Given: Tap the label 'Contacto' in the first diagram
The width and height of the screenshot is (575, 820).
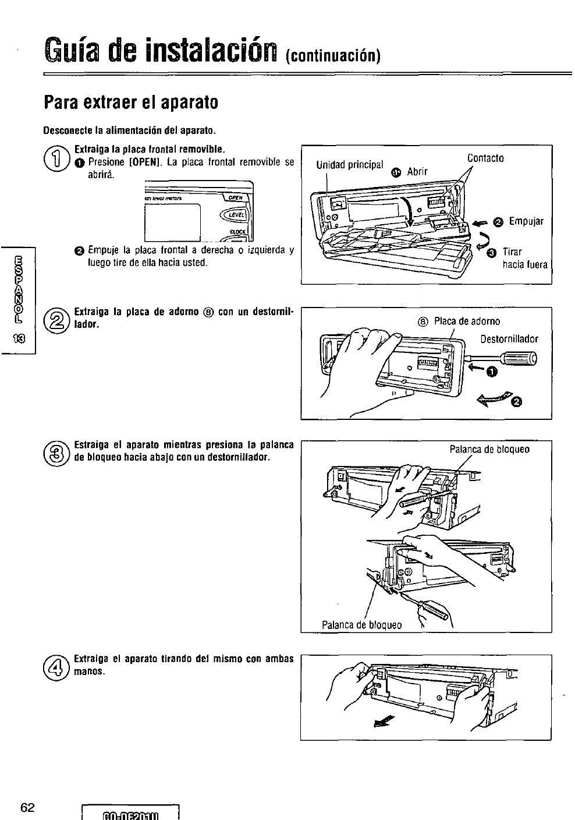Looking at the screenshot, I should (x=485, y=158).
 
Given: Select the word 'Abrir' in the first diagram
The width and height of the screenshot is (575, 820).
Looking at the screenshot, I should (x=417, y=171).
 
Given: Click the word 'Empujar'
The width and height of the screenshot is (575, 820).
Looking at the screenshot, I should (x=526, y=221).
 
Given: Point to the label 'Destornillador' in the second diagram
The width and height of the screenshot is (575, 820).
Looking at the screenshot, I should (x=509, y=339).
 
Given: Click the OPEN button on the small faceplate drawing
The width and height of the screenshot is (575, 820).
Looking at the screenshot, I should (x=236, y=197).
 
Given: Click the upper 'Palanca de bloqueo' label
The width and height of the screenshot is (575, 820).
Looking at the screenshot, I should (x=489, y=449).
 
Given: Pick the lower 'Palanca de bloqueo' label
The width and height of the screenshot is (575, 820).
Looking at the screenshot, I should (x=361, y=625).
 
